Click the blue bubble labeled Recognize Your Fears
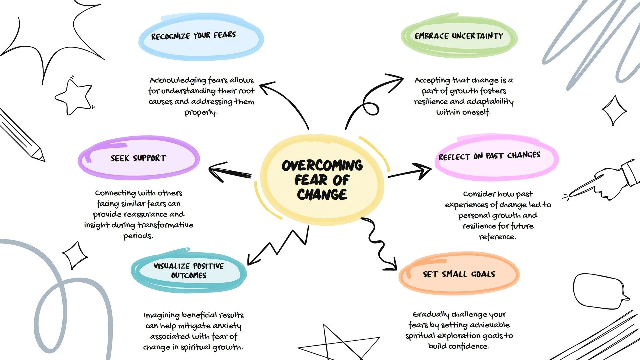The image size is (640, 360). click(x=201, y=39)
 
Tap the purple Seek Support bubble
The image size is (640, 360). click(x=139, y=158)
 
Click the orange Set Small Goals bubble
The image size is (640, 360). click(x=459, y=274)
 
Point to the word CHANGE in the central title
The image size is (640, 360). click(x=322, y=195)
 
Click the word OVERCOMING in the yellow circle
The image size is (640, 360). click(x=322, y=165)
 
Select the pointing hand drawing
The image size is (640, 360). click(x=600, y=182)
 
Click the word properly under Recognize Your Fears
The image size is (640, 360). click(x=201, y=113)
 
